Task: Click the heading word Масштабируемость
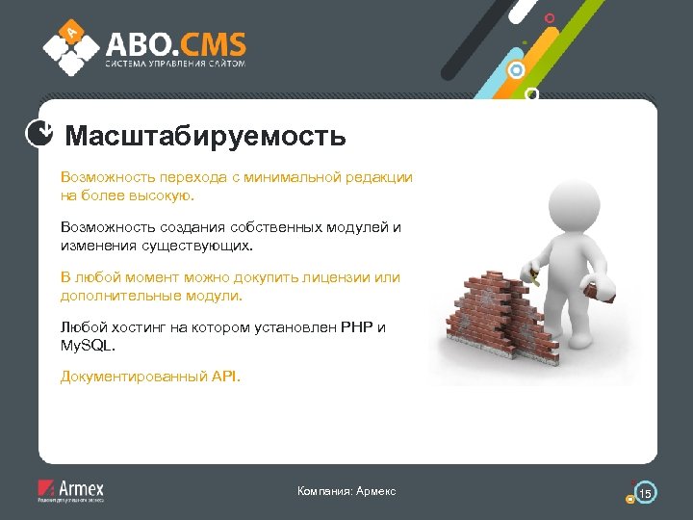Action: [x=205, y=135]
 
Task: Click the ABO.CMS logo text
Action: [x=175, y=44]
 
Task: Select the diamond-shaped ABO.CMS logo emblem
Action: [x=70, y=46]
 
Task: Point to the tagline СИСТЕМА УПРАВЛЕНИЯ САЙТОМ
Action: [x=175, y=65]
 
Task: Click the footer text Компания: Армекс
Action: [x=346, y=492]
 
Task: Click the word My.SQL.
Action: [x=86, y=344]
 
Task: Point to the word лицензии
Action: [x=338, y=277]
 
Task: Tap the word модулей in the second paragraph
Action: [x=358, y=227]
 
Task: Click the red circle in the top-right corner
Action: [x=550, y=17]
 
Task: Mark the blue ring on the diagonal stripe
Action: [x=517, y=70]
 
